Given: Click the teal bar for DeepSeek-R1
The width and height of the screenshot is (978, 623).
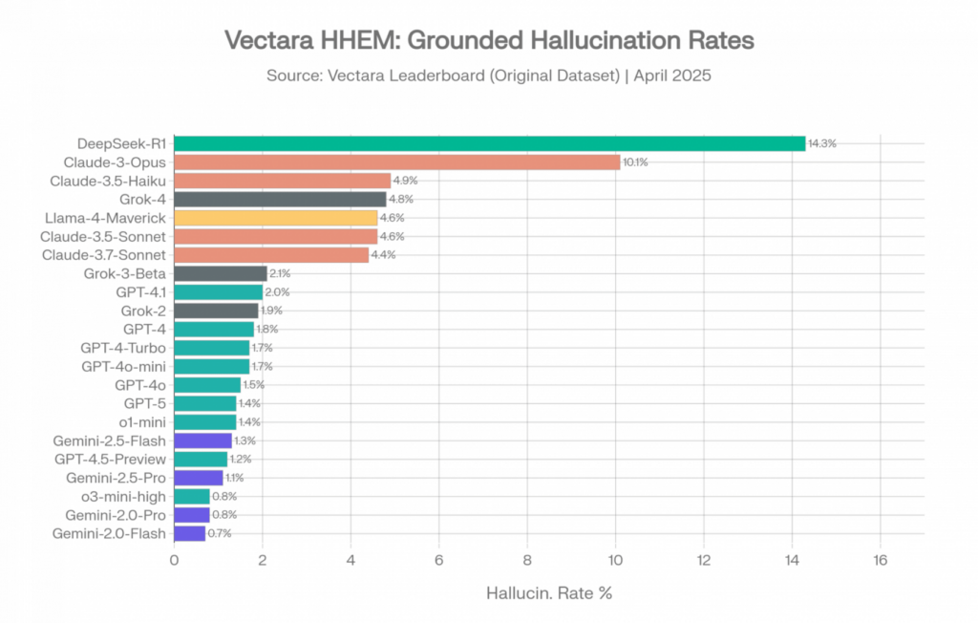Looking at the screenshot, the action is tap(490, 143).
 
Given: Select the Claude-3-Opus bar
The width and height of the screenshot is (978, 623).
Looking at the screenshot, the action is tap(396, 162).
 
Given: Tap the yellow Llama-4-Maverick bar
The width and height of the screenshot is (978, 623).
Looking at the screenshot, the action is tap(276, 218).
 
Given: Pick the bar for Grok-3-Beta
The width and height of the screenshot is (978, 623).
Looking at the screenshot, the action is tap(221, 273).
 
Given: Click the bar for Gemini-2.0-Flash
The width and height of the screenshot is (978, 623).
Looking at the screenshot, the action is tap(190, 533).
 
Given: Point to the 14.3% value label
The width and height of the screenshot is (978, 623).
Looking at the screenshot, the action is tap(822, 143).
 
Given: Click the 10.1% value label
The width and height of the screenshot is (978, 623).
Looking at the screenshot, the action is tap(635, 162).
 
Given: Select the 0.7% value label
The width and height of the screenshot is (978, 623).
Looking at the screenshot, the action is tap(220, 533).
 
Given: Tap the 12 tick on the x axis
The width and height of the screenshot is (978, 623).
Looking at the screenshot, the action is tap(704, 560).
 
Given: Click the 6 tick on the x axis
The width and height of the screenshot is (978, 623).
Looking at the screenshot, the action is tap(438, 560).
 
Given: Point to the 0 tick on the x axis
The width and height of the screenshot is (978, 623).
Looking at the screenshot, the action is tap(174, 560).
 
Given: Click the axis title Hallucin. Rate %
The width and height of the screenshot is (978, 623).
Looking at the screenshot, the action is tap(549, 593).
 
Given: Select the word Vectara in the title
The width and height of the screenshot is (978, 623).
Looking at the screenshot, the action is tap(268, 40).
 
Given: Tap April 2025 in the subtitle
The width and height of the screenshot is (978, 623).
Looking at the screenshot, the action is tap(672, 75).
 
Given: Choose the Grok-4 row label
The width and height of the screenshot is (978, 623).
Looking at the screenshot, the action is tap(143, 200).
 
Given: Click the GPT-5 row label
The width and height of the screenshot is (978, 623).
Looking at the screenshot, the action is tap(145, 403).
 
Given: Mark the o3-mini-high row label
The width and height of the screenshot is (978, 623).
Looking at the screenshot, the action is tap(123, 496).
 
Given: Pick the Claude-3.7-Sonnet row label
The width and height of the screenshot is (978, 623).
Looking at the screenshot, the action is tap(104, 255).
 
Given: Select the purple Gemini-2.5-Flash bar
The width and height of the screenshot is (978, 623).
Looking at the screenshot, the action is tap(202, 440).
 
